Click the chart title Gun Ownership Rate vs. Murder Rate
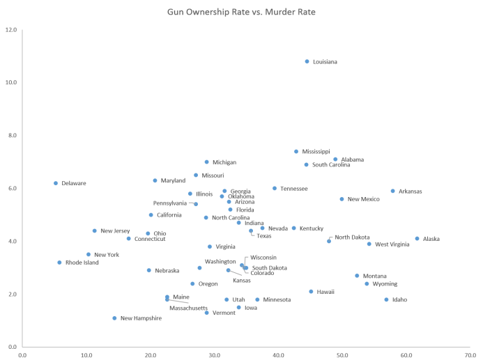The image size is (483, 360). click(241, 12)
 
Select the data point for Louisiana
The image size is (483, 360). click(307, 61)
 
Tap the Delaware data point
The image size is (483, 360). click(56, 183)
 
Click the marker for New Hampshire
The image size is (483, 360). click(115, 318)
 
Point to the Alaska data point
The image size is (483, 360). click(417, 239)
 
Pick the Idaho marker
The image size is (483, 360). click(386, 300)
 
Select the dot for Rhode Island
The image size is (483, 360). click(60, 263)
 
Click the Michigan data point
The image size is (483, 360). click(207, 162)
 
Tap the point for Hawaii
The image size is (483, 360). click(312, 292)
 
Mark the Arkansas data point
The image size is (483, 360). click(393, 191)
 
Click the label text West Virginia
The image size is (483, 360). click(392, 244)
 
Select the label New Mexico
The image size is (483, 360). click(363, 199)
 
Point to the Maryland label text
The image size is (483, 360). click(173, 181)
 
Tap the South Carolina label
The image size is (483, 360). click(331, 165)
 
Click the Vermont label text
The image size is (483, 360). click(224, 313)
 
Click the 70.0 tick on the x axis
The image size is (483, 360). click(471, 354)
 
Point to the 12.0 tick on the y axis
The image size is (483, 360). click(11, 30)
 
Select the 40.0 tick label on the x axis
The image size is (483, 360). click(279, 354)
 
